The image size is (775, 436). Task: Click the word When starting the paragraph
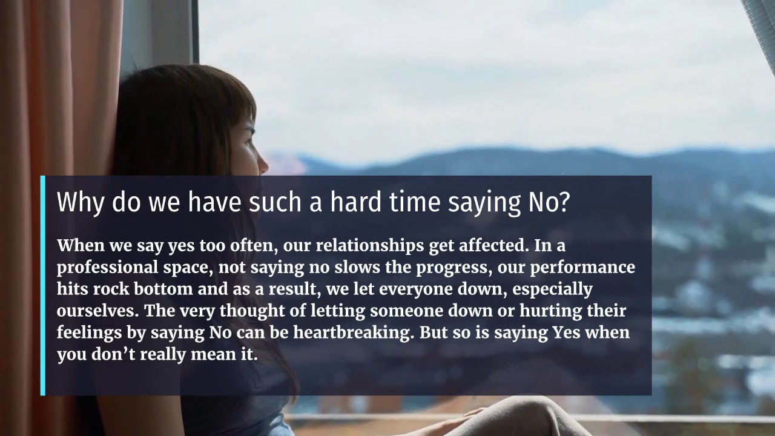pyautogui.click(x=78, y=246)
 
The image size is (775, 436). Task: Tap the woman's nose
pyautogui.click(x=265, y=162)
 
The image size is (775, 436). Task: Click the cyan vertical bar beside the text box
pyautogui.click(x=43, y=285)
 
